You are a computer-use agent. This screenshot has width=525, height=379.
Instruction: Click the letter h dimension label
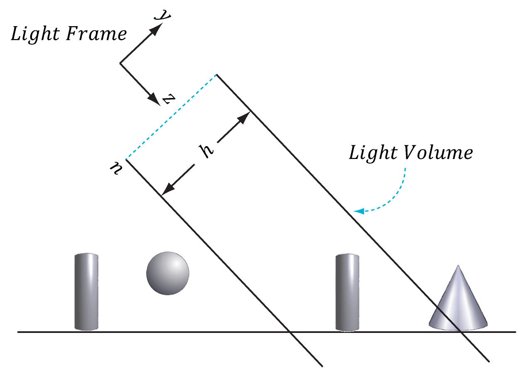208,150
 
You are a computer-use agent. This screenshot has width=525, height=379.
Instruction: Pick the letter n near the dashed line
115,169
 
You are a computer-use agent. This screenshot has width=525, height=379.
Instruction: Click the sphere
167,273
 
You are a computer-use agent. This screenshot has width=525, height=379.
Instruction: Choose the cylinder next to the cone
347,293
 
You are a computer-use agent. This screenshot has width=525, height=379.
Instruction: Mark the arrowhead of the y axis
157,28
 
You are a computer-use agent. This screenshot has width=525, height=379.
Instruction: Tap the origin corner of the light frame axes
120,63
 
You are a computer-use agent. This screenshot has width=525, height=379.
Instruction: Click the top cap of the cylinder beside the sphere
86,254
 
